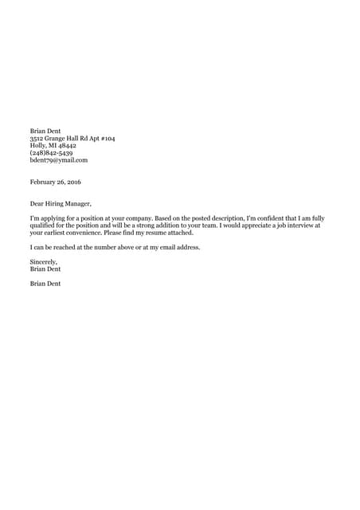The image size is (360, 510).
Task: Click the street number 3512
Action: [36, 139]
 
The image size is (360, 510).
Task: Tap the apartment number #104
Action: [106, 139]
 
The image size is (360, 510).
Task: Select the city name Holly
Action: [37, 146]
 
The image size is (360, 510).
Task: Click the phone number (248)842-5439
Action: [52, 153]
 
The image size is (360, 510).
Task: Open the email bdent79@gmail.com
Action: [58, 160]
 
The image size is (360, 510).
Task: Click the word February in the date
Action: [43, 182]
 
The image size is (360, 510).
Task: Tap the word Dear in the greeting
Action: [37, 203]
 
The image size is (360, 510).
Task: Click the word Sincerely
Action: [45, 261]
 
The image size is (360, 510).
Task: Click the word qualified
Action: [45, 226]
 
